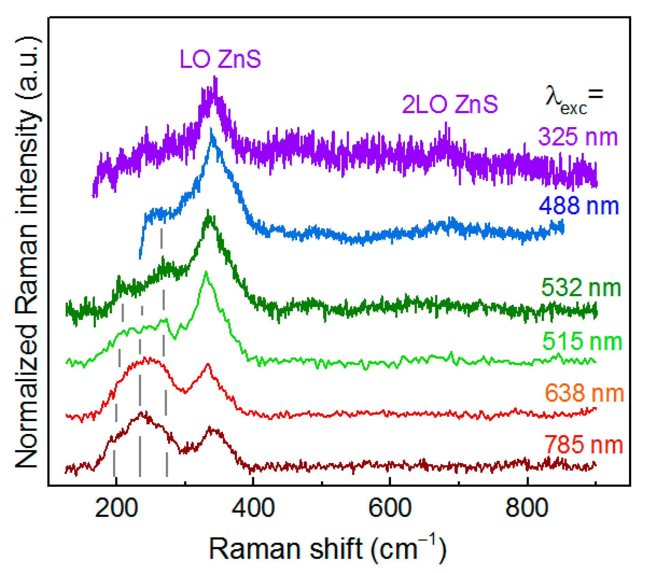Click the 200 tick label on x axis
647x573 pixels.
coord(116,508)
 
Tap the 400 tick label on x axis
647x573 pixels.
coord(253,508)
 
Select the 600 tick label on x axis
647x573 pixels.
coord(390,508)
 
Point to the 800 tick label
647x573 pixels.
coord(527,508)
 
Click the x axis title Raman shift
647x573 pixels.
coord(327,548)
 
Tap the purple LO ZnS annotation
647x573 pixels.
coord(220,59)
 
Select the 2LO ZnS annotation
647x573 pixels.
coord(450,104)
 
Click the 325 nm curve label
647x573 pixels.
coord(578,137)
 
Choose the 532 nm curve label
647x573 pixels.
coord(581,288)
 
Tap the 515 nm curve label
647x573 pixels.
coord(582,341)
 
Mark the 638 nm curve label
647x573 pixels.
coord(584,393)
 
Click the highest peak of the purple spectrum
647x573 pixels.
coord(215,78)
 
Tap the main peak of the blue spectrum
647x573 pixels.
coord(212,130)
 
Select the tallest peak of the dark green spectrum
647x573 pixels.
coord(208,212)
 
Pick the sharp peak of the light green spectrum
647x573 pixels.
coord(206,272)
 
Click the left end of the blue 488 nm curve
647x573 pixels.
coord(140,258)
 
